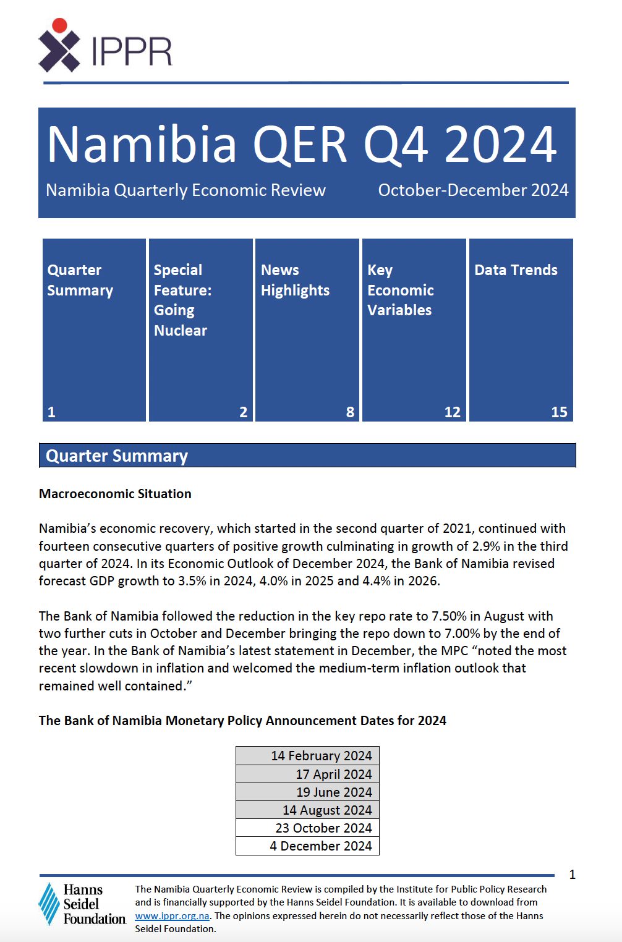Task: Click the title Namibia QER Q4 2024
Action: point(302,145)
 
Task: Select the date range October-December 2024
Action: point(473,190)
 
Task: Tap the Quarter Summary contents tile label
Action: point(80,280)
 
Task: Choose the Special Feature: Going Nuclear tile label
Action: point(182,300)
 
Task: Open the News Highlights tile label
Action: point(295,280)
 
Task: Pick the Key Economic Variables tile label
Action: point(400,290)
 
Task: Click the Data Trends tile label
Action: point(516,270)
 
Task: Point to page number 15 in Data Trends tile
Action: point(559,412)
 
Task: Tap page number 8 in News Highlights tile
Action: point(350,412)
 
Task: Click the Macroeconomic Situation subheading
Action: point(115,494)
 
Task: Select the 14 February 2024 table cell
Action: point(321,756)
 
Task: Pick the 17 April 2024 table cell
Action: point(333,774)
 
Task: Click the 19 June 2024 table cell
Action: point(334,792)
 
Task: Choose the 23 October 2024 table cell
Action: point(323,828)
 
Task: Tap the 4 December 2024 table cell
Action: point(320,846)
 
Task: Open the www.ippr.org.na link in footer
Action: point(172,915)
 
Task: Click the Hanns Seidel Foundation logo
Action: point(82,904)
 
